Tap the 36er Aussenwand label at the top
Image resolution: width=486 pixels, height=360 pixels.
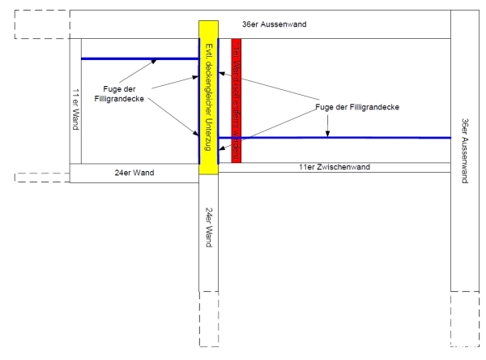[x=279, y=24]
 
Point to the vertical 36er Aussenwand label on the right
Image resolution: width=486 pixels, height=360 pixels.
[x=465, y=151]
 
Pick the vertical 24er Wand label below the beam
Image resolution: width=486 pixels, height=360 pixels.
[x=208, y=227]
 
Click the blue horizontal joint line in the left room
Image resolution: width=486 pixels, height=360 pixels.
[x=138, y=58]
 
